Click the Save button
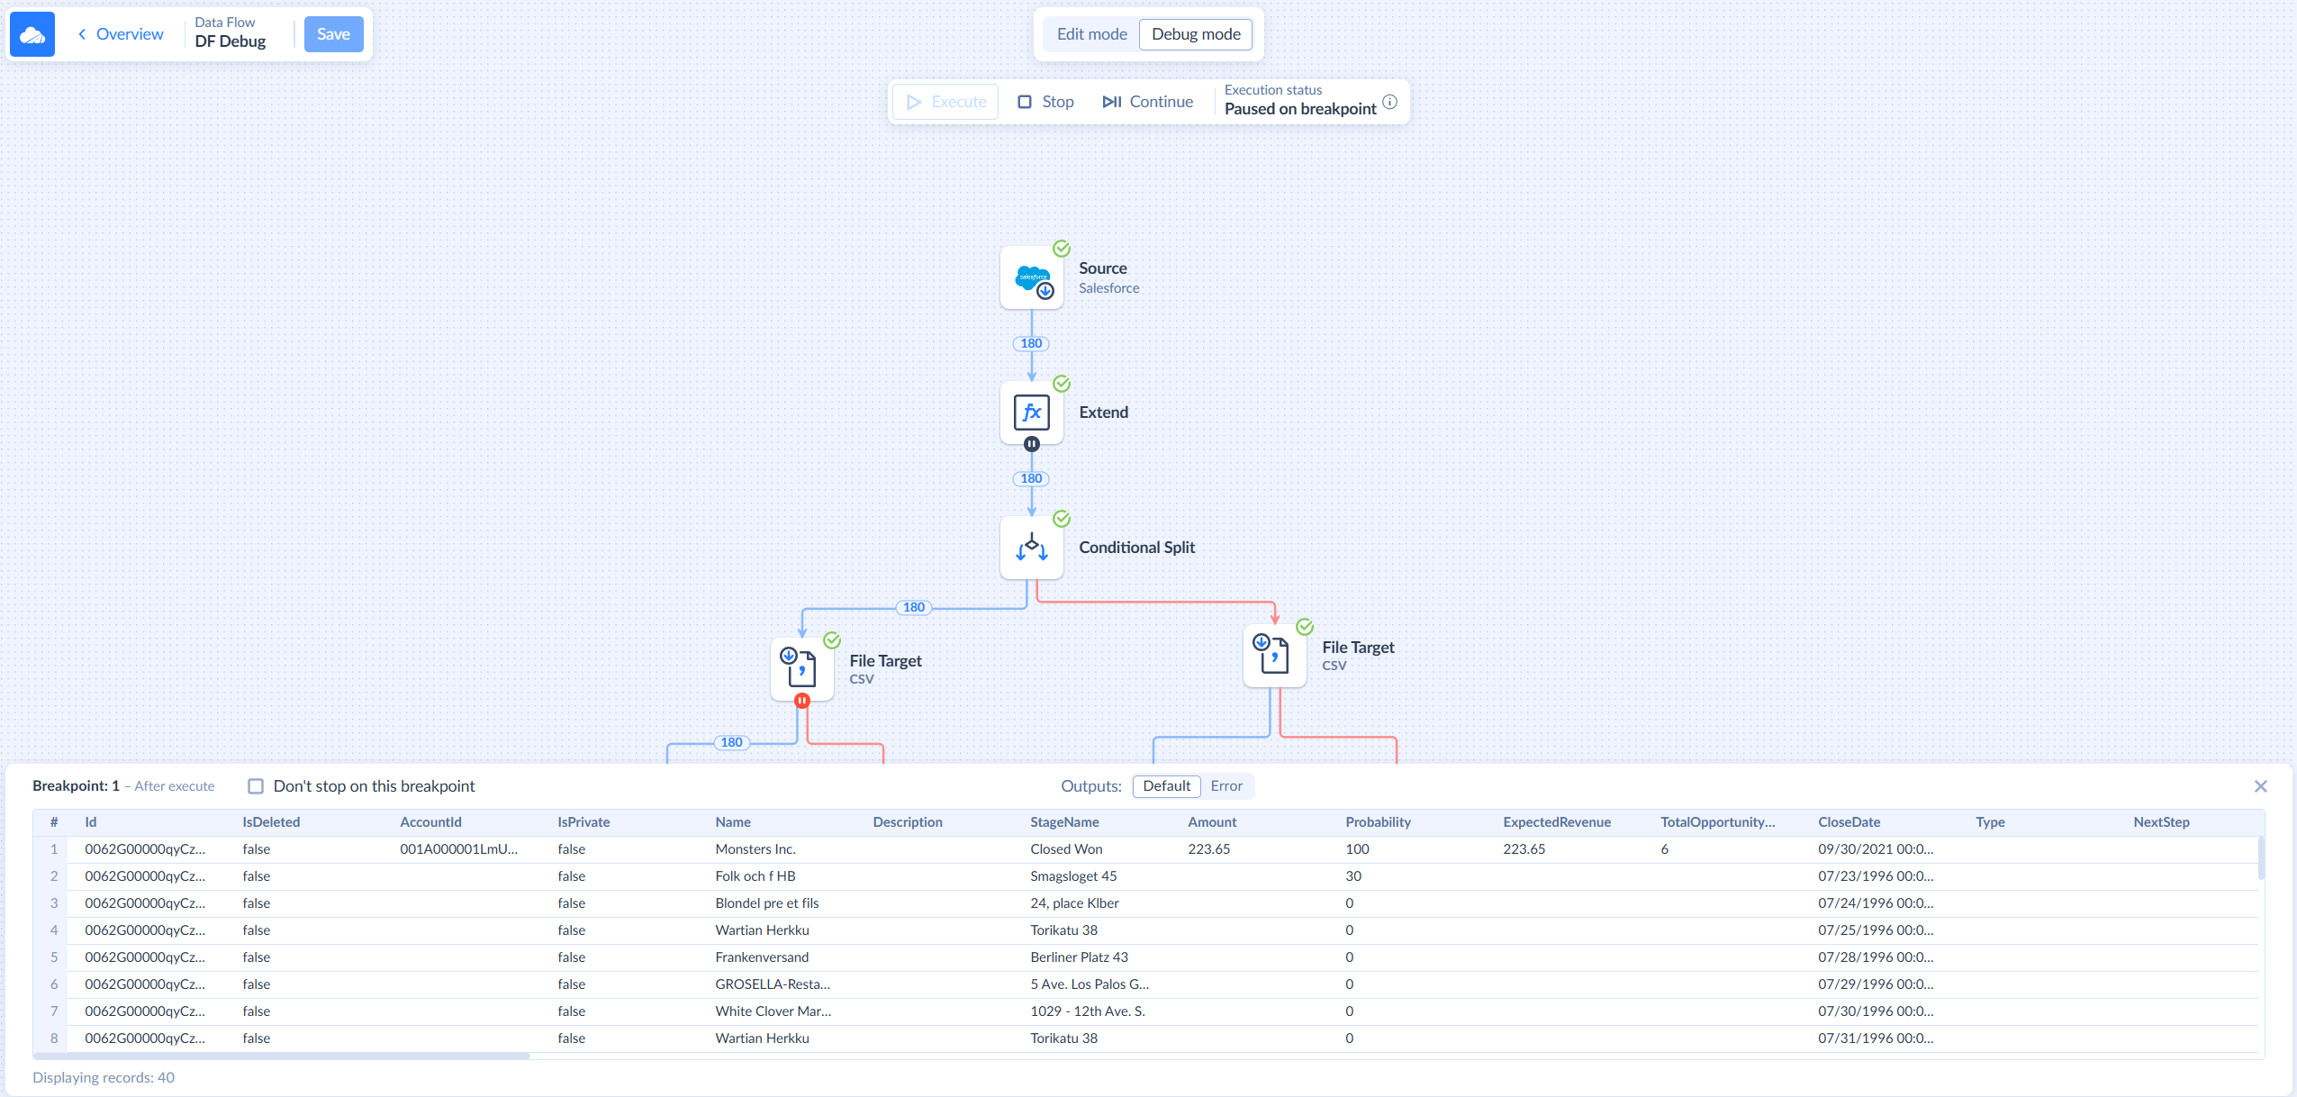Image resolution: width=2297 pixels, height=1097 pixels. point(333,34)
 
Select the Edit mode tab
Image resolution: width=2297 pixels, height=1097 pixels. point(1091,34)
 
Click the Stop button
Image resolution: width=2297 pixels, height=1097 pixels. point(1045,102)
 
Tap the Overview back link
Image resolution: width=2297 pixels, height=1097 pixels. point(121,34)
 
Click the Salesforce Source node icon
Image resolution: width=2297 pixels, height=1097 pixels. point(1032,278)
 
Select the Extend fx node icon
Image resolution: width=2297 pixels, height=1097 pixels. point(1032,413)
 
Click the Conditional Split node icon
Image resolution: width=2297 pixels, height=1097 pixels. point(1032,548)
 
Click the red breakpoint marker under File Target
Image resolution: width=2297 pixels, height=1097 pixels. point(802,701)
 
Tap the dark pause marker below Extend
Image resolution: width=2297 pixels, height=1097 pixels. point(1032,444)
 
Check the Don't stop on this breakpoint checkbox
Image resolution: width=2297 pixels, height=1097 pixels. point(256,786)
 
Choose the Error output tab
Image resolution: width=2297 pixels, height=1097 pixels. point(1226,786)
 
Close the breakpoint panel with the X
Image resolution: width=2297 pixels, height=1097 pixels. point(2260,786)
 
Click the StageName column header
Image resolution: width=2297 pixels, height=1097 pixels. point(1064,822)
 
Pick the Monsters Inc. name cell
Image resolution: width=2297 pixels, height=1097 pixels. point(755,849)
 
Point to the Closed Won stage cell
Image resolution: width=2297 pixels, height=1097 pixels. point(1066,849)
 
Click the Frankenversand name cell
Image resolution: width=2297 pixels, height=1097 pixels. point(762,957)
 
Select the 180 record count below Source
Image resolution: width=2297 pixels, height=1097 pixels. point(1032,343)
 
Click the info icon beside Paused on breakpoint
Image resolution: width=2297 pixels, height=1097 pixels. point(1390,102)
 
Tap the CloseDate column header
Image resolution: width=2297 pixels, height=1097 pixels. point(1849,822)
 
